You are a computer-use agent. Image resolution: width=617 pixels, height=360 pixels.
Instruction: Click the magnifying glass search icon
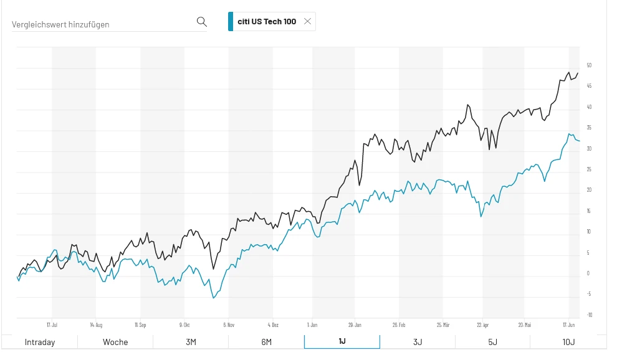pyautogui.click(x=201, y=22)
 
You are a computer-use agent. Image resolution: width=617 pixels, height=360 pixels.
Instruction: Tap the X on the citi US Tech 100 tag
pyautogui.click(x=307, y=21)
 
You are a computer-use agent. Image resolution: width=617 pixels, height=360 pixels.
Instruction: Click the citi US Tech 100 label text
pyautogui.click(x=267, y=22)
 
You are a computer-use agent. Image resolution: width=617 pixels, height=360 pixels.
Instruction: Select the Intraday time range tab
pyautogui.click(x=40, y=342)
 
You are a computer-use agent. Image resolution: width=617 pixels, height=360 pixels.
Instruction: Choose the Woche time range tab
pyautogui.click(x=115, y=342)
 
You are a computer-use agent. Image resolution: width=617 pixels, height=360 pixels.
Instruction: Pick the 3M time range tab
pyautogui.click(x=191, y=342)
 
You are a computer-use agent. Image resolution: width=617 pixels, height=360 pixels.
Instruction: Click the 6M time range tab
pyautogui.click(x=266, y=342)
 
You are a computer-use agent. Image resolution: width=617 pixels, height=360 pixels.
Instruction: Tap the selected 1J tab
pyautogui.click(x=342, y=342)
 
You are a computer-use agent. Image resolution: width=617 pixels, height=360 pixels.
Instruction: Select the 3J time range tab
pyautogui.click(x=417, y=342)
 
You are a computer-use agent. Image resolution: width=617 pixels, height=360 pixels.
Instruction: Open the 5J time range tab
pyautogui.click(x=492, y=342)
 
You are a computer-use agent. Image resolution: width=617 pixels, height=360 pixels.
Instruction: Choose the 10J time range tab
pyautogui.click(x=568, y=342)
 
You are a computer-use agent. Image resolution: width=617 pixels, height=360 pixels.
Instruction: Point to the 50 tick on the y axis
pyautogui.click(x=589, y=65)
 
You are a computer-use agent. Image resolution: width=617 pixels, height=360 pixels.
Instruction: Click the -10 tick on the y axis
pyautogui.click(x=589, y=315)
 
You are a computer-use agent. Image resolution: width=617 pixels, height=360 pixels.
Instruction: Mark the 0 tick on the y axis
pyautogui.click(x=588, y=273)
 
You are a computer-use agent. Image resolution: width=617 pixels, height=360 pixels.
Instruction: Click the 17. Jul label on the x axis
pyautogui.click(x=52, y=324)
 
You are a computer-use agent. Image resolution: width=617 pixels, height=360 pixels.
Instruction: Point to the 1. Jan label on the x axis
pyautogui.click(x=312, y=324)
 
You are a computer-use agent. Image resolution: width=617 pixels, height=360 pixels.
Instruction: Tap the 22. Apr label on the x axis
pyautogui.click(x=482, y=324)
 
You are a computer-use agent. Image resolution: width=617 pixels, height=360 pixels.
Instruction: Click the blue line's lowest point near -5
pyautogui.click(x=214, y=298)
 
